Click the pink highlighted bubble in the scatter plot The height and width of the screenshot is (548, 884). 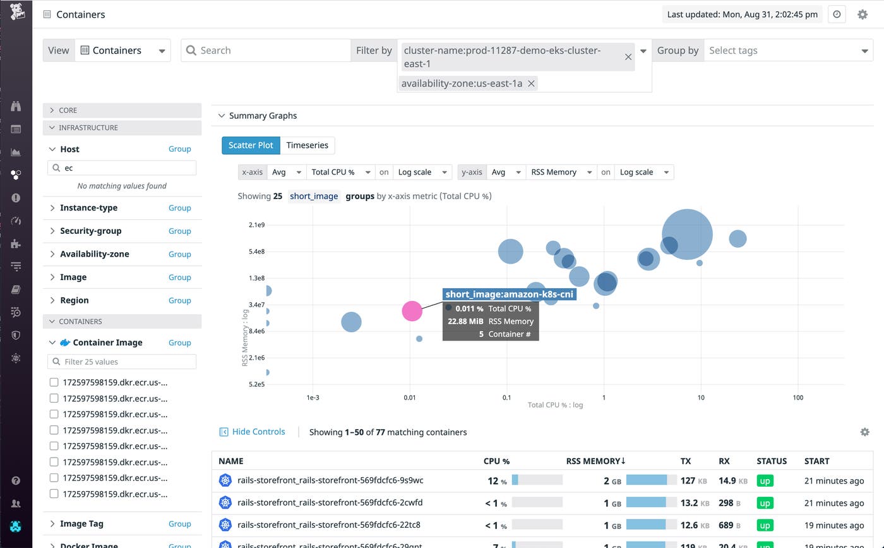(x=412, y=310)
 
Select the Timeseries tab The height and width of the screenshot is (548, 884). (x=307, y=145)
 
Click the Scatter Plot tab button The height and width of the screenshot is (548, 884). (x=251, y=145)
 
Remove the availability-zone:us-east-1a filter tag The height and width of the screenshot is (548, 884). (x=532, y=83)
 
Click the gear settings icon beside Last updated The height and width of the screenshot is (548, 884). (x=863, y=15)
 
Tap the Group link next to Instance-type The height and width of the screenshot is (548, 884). (x=179, y=208)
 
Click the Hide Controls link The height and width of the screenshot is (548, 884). (x=258, y=432)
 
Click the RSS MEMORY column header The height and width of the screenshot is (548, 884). (x=595, y=461)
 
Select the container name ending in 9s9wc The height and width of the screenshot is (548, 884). (x=330, y=480)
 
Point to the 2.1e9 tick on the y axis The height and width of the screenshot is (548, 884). (x=256, y=225)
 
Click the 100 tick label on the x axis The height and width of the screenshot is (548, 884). (x=798, y=398)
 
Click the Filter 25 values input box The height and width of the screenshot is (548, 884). (x=122, y=362)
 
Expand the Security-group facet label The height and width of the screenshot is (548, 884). (x=90, y=231)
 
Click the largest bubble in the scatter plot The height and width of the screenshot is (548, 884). (x=687, y=234)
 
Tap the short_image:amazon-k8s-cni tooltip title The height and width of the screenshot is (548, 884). (x=509, y=295)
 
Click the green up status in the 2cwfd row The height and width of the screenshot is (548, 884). (x=765, y=503)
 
